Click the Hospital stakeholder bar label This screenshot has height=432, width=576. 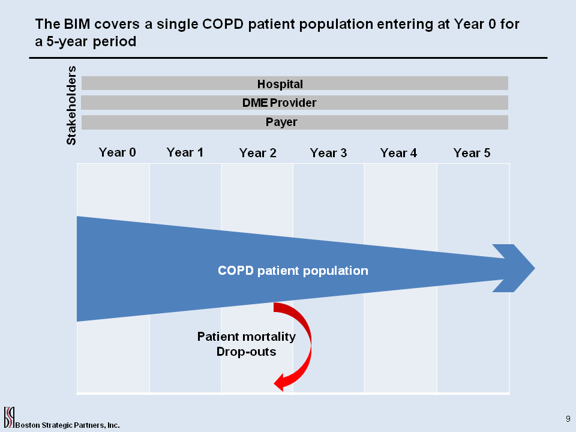[x=280, y=84]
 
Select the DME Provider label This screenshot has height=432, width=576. [x=279, y=103]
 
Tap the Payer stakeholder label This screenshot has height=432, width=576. [x=281, y=122]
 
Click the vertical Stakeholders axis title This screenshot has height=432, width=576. [x=71, y=106]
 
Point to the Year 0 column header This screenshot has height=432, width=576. [x=117, y=152]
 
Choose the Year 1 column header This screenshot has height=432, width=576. [x=185, y=152]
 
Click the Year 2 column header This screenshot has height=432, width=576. [x=257, y=153]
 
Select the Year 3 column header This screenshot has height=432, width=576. [x=328, y=153]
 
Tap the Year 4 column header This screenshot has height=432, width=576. [x=398, y=153]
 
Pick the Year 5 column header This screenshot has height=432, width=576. [x=472, y=153]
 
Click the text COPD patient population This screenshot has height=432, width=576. [x=293, y=271]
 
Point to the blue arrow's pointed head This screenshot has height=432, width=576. [x=535, y=268]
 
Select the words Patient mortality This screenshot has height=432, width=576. [x=247, y=337]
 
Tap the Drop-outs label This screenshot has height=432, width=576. [x=246, y=352]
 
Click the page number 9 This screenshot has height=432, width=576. [x=568, y=419]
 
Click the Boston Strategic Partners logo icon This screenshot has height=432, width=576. [x=9, y=417]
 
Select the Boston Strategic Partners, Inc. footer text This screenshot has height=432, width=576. [x=68, y=425]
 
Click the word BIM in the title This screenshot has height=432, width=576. [x=77, y=24]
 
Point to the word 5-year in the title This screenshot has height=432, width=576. [x=67, y=41]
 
